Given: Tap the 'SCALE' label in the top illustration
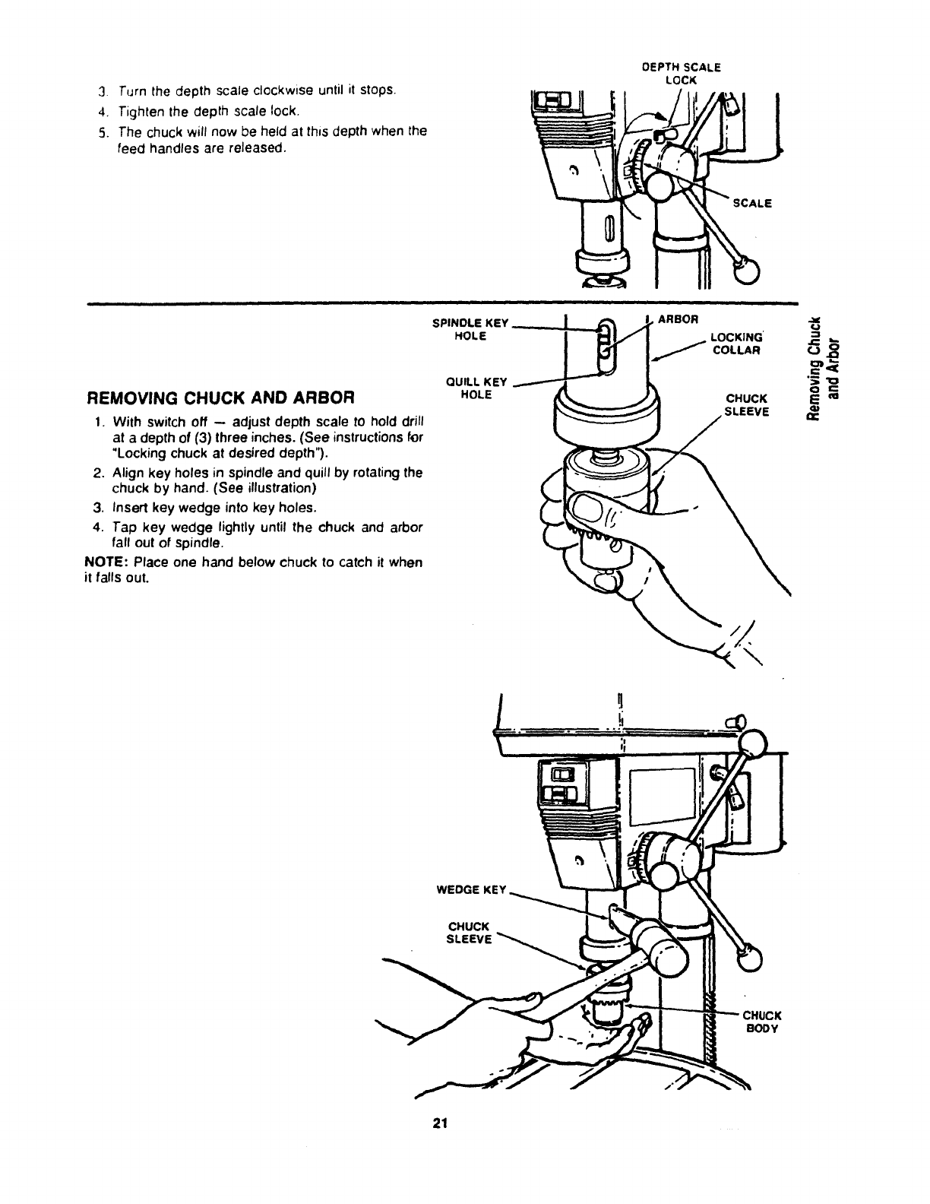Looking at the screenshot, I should [752, 203].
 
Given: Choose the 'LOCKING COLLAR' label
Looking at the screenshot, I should [736, 344].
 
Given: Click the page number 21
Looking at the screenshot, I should [438, 1123].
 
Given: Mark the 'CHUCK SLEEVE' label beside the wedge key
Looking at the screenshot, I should [470, 933].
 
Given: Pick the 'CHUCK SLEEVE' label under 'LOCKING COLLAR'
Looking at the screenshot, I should [748, 404].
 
